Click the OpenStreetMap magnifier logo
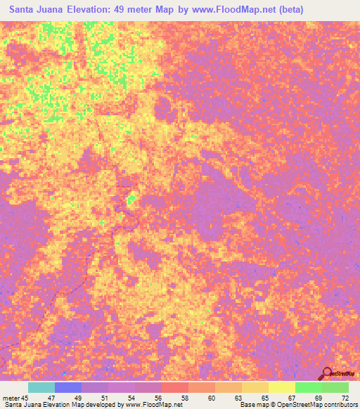328,372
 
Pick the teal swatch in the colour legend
41,387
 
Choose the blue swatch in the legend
68,387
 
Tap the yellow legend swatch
282,387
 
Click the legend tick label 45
27,397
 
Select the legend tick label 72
345,397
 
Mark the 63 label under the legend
238,397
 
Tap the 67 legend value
291,397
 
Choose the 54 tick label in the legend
132,397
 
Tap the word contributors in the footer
340,405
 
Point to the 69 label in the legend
318,397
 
